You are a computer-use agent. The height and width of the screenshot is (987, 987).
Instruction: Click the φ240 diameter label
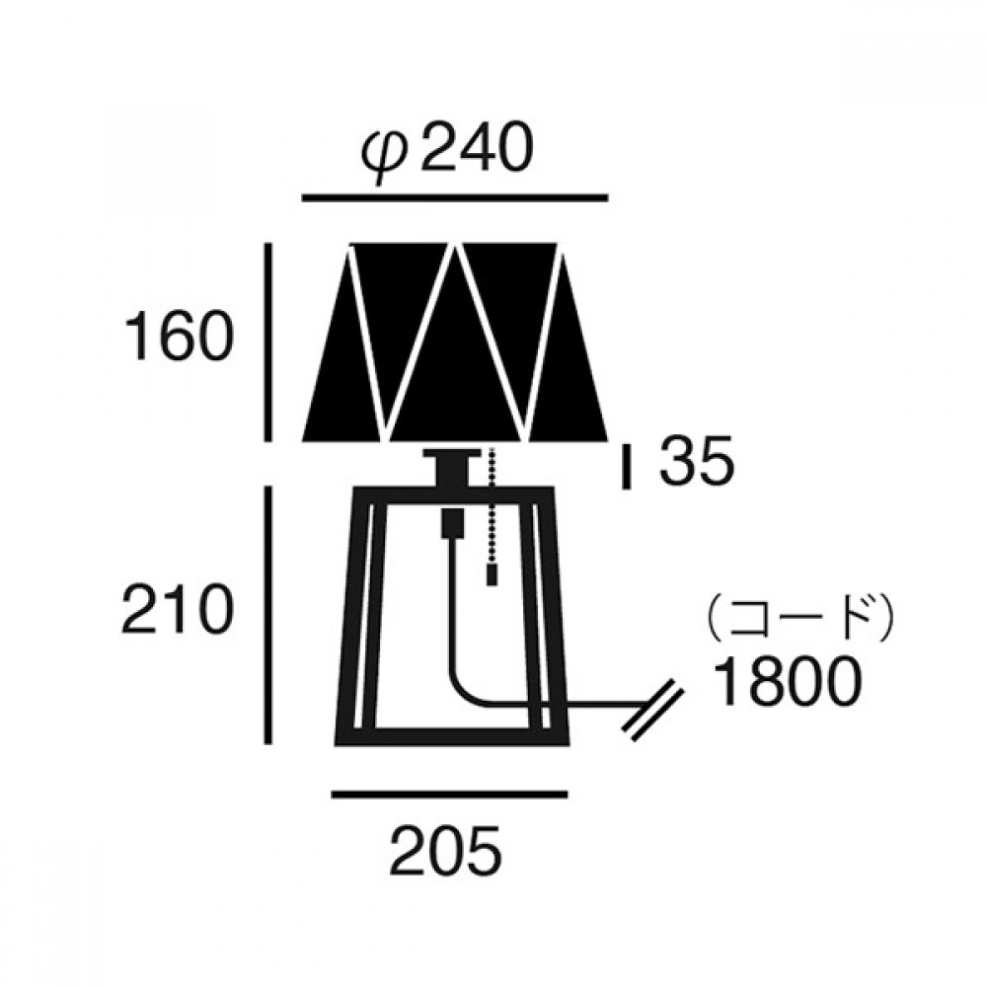tap(447, 150)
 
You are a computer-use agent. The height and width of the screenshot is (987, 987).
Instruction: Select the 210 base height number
tap(178, 608)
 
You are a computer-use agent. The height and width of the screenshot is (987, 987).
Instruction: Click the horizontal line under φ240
tap(455, 198)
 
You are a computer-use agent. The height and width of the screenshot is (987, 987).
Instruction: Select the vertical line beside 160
tap(267, 342)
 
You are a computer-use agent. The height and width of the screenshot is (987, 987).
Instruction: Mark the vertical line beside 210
tap(267, 615)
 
